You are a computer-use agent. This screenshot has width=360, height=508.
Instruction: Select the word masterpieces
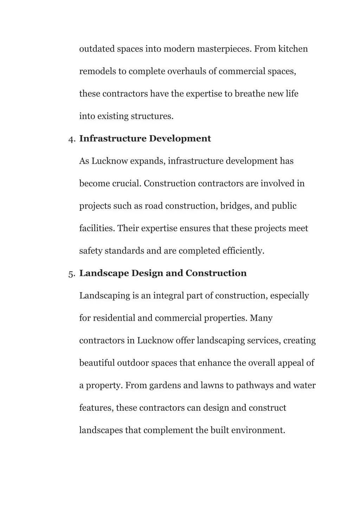pyautogui.click(x=224, y=49)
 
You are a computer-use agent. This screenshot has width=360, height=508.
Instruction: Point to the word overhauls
pyautogui.click(x=187, y=71)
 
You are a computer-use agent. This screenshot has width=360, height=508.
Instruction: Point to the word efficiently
pyautogui.click(x=243, y=251)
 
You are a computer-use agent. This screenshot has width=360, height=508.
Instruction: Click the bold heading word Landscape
pyautogui.click(x=104, y=273)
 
